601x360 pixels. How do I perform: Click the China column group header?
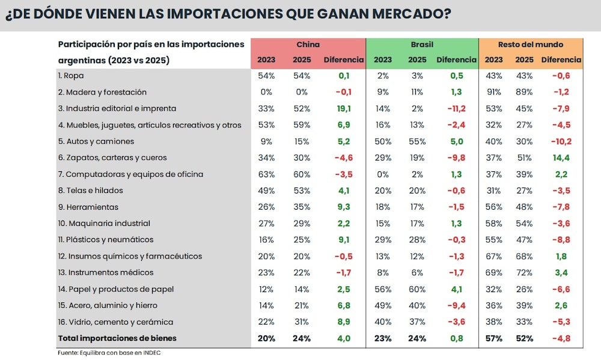tap(308, 44)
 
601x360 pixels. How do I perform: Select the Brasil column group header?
tap(422, 44)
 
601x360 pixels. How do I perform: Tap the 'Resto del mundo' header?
tap(530, 44)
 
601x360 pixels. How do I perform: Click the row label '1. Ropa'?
tap(71, 76)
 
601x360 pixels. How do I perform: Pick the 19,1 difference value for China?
tap(344, 109)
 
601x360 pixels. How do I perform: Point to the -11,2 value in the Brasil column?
tap(456, 109)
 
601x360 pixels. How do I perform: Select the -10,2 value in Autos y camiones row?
tap(561, 141)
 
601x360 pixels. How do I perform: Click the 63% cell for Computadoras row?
tap(266, 174)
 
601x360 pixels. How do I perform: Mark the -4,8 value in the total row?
tap(561, 338)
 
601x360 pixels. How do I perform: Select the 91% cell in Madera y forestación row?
tap(494, 93)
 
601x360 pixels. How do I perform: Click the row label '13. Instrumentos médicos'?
tap(106, 272)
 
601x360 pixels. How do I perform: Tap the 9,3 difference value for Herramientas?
tap(344, 207)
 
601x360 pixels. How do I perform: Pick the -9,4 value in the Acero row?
tap(456, 305)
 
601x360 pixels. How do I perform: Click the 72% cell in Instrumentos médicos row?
tap(524, 272)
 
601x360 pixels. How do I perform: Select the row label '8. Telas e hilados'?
tap(91, 191)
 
